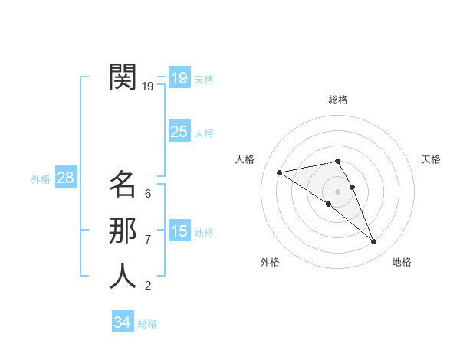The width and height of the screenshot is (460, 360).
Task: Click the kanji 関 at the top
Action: [123, 77]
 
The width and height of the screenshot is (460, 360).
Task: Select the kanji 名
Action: [123, 184]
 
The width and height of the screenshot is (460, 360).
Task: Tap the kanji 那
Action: [123, 230]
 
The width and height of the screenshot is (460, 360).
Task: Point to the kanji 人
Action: [123, 276]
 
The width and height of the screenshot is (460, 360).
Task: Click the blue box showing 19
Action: [179, 77]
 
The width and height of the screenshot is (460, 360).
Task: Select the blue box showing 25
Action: [179, 132]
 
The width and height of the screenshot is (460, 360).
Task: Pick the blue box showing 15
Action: [179, 231]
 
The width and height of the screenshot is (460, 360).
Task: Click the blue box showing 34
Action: [122, 322]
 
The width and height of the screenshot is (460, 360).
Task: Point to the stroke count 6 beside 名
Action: [148, 194]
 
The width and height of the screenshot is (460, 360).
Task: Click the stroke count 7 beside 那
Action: [148, 240]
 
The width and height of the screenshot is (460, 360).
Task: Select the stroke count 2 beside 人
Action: [148, 286]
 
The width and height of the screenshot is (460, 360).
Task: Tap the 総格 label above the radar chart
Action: [337, 100]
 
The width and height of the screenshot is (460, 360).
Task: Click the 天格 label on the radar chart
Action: [431, 159]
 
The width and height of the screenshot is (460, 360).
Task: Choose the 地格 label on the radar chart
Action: [402, 262]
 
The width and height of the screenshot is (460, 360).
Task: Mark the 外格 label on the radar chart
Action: [270, 262]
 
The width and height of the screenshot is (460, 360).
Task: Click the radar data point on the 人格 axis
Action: [280, 172]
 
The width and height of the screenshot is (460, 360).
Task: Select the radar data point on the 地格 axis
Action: [374, 242]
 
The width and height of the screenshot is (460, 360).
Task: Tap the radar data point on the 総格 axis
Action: [337, 161]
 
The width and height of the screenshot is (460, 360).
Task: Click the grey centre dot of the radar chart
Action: [337, 191]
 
